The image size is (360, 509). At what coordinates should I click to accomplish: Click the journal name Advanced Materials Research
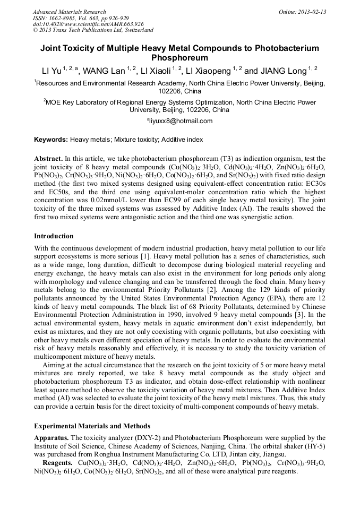pyautogui.click(x=69, y=12)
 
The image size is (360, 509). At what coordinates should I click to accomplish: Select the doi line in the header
pyautogui.click(x=88, y=24)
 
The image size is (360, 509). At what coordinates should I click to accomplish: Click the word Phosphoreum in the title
pyautogui.click(x=179, y=58)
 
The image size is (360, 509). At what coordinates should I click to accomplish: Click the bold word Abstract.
pyautogui.click(x=48, y=159)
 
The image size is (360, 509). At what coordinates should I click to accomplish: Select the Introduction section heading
pyautogui.click(x=54, y=236)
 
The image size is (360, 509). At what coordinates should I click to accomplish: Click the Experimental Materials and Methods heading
pyautogui.click(x=92, y=426)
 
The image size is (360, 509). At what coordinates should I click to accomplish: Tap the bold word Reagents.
pyautogui.click(x=57, y=463)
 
